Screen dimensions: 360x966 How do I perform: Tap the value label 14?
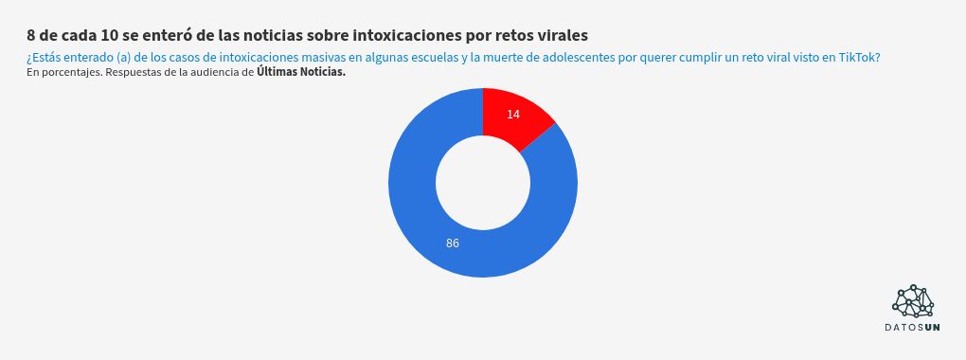pos(513,115)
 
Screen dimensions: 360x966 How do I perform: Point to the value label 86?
pos(453,243)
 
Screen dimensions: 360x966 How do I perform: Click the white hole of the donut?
pos(483,183)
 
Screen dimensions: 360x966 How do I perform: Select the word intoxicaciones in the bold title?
pos(406,36)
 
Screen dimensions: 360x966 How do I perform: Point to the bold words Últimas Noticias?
pos(301,71)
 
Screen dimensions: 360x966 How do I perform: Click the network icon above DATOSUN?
pos(913,300)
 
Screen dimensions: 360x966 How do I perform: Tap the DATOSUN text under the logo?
pos(913,328)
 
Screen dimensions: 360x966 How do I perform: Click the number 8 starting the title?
pos(31,36)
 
